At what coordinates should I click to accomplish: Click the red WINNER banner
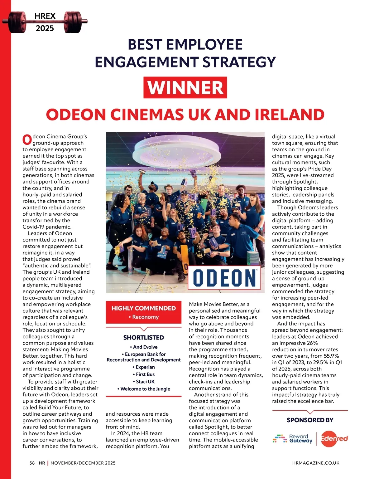pyautogui.click(x=185, y=88)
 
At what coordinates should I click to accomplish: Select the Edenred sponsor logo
pyautogui.click(x=334, y=438)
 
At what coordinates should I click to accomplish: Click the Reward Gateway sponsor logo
pyautogui.click(x=293, y=438)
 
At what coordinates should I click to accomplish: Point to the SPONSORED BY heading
pyautogui.click(x=310, y=420)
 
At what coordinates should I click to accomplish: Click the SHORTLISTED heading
pyautogui.click(x=143, y=337)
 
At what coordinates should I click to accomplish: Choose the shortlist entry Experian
pyautogui.click(x=144, y=367)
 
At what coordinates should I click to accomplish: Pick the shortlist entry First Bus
pyautogui.click(x=144, y=374)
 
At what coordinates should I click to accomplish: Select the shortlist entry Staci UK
pyautogui.click(x=144, y=381)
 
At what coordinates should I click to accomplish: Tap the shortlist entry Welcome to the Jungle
pyautogui.click(x=144, y=389)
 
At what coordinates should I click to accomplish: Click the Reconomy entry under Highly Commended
pyautogui.click(x=144, y=317)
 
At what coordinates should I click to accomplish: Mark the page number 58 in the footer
pyautogui.click(x=32, y=463)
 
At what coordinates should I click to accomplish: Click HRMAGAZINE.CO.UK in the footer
pyautogui.click(x=316, y=463)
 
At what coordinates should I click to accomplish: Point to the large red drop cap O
pyautogui.click(x=27, y=140)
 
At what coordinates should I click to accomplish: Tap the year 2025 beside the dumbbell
pyautogui.click(x=45, y=28)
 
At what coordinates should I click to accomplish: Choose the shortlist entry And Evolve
pyautogui.click(x=144, y=347)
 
